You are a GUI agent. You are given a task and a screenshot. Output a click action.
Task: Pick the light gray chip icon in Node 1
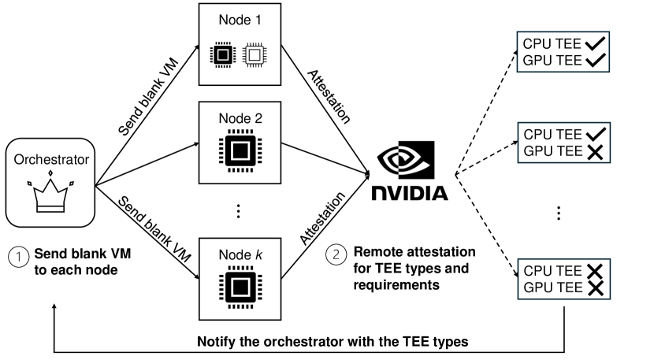pos(253,54)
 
